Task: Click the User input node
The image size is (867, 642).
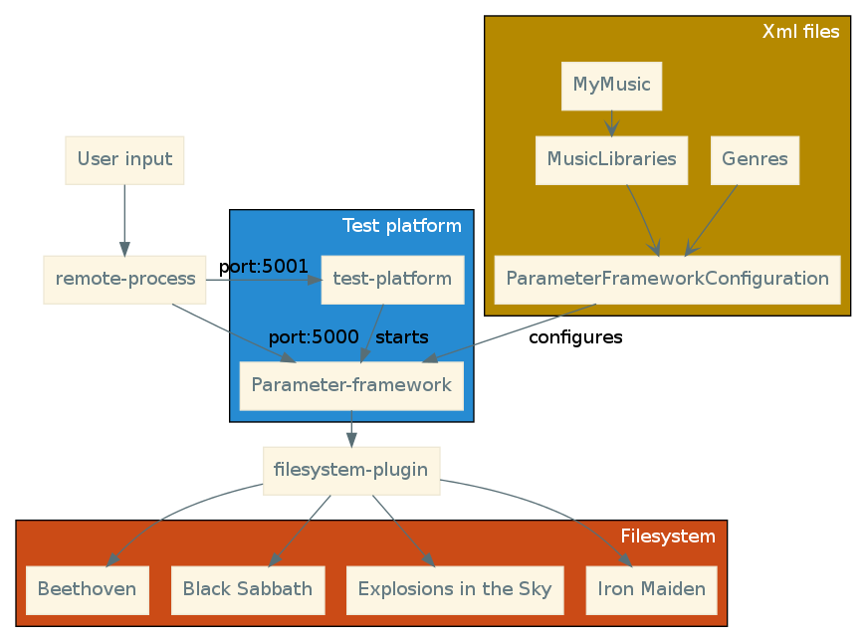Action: point(124,159)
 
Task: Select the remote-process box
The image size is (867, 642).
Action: point(124,279)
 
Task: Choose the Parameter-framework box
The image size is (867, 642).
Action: point(351,385)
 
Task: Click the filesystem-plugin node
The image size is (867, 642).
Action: point(350,470)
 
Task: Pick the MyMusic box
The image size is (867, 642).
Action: point(611,86)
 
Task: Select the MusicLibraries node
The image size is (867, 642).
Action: point(611,159)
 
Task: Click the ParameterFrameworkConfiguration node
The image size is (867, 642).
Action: point(667,279)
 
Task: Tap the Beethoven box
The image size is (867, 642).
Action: point(87,589)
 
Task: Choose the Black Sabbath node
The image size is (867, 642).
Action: point(248,589)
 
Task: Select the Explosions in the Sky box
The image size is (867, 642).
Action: point(455,589)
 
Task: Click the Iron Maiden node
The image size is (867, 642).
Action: point(651,589)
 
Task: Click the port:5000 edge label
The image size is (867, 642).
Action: point(313,337)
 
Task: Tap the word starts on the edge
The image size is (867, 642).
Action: point(401,337)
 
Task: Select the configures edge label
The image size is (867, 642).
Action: point(575,337)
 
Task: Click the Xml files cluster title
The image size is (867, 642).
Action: point(800,32)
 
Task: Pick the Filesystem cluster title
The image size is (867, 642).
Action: point(667,536)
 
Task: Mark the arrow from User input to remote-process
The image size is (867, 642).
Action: point(124,220)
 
